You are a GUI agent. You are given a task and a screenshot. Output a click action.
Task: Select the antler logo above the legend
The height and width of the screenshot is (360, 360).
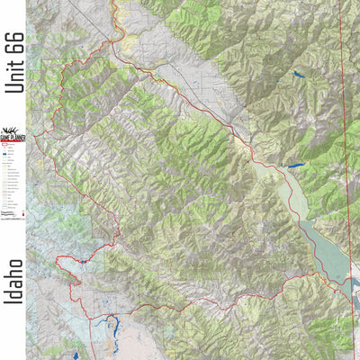13,127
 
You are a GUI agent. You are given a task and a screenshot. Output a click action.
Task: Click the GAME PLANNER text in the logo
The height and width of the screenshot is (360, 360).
13,136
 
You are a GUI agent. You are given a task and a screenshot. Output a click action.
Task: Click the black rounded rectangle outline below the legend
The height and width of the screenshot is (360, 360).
10,225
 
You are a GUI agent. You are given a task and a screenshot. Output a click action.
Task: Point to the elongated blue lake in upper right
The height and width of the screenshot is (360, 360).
298,76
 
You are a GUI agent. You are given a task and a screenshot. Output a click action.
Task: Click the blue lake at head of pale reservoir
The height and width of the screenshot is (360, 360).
295,166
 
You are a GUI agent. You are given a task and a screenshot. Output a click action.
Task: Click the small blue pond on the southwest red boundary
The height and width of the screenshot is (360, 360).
81,262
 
